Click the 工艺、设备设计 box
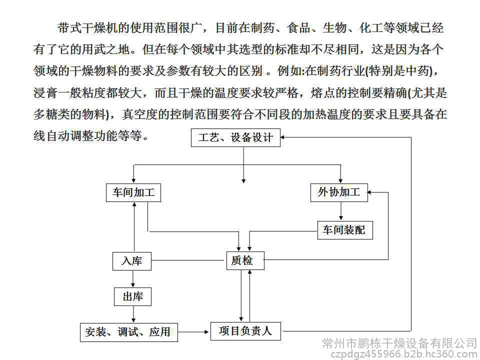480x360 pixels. (x=236, y=137)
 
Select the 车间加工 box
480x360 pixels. (x=133, y=192)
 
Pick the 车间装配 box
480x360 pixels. (x=344, y=230)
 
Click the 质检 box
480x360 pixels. (x=243, y=260)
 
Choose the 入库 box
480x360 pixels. (x=131, y=260)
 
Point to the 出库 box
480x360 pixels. (x=132, y=296)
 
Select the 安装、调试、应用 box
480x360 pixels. (x=129, y=331)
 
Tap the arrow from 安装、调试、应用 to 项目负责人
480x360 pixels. (x=193, y=331)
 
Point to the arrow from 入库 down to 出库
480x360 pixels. (x=133, y=279)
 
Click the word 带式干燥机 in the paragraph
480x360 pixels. (x=83, y=28)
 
